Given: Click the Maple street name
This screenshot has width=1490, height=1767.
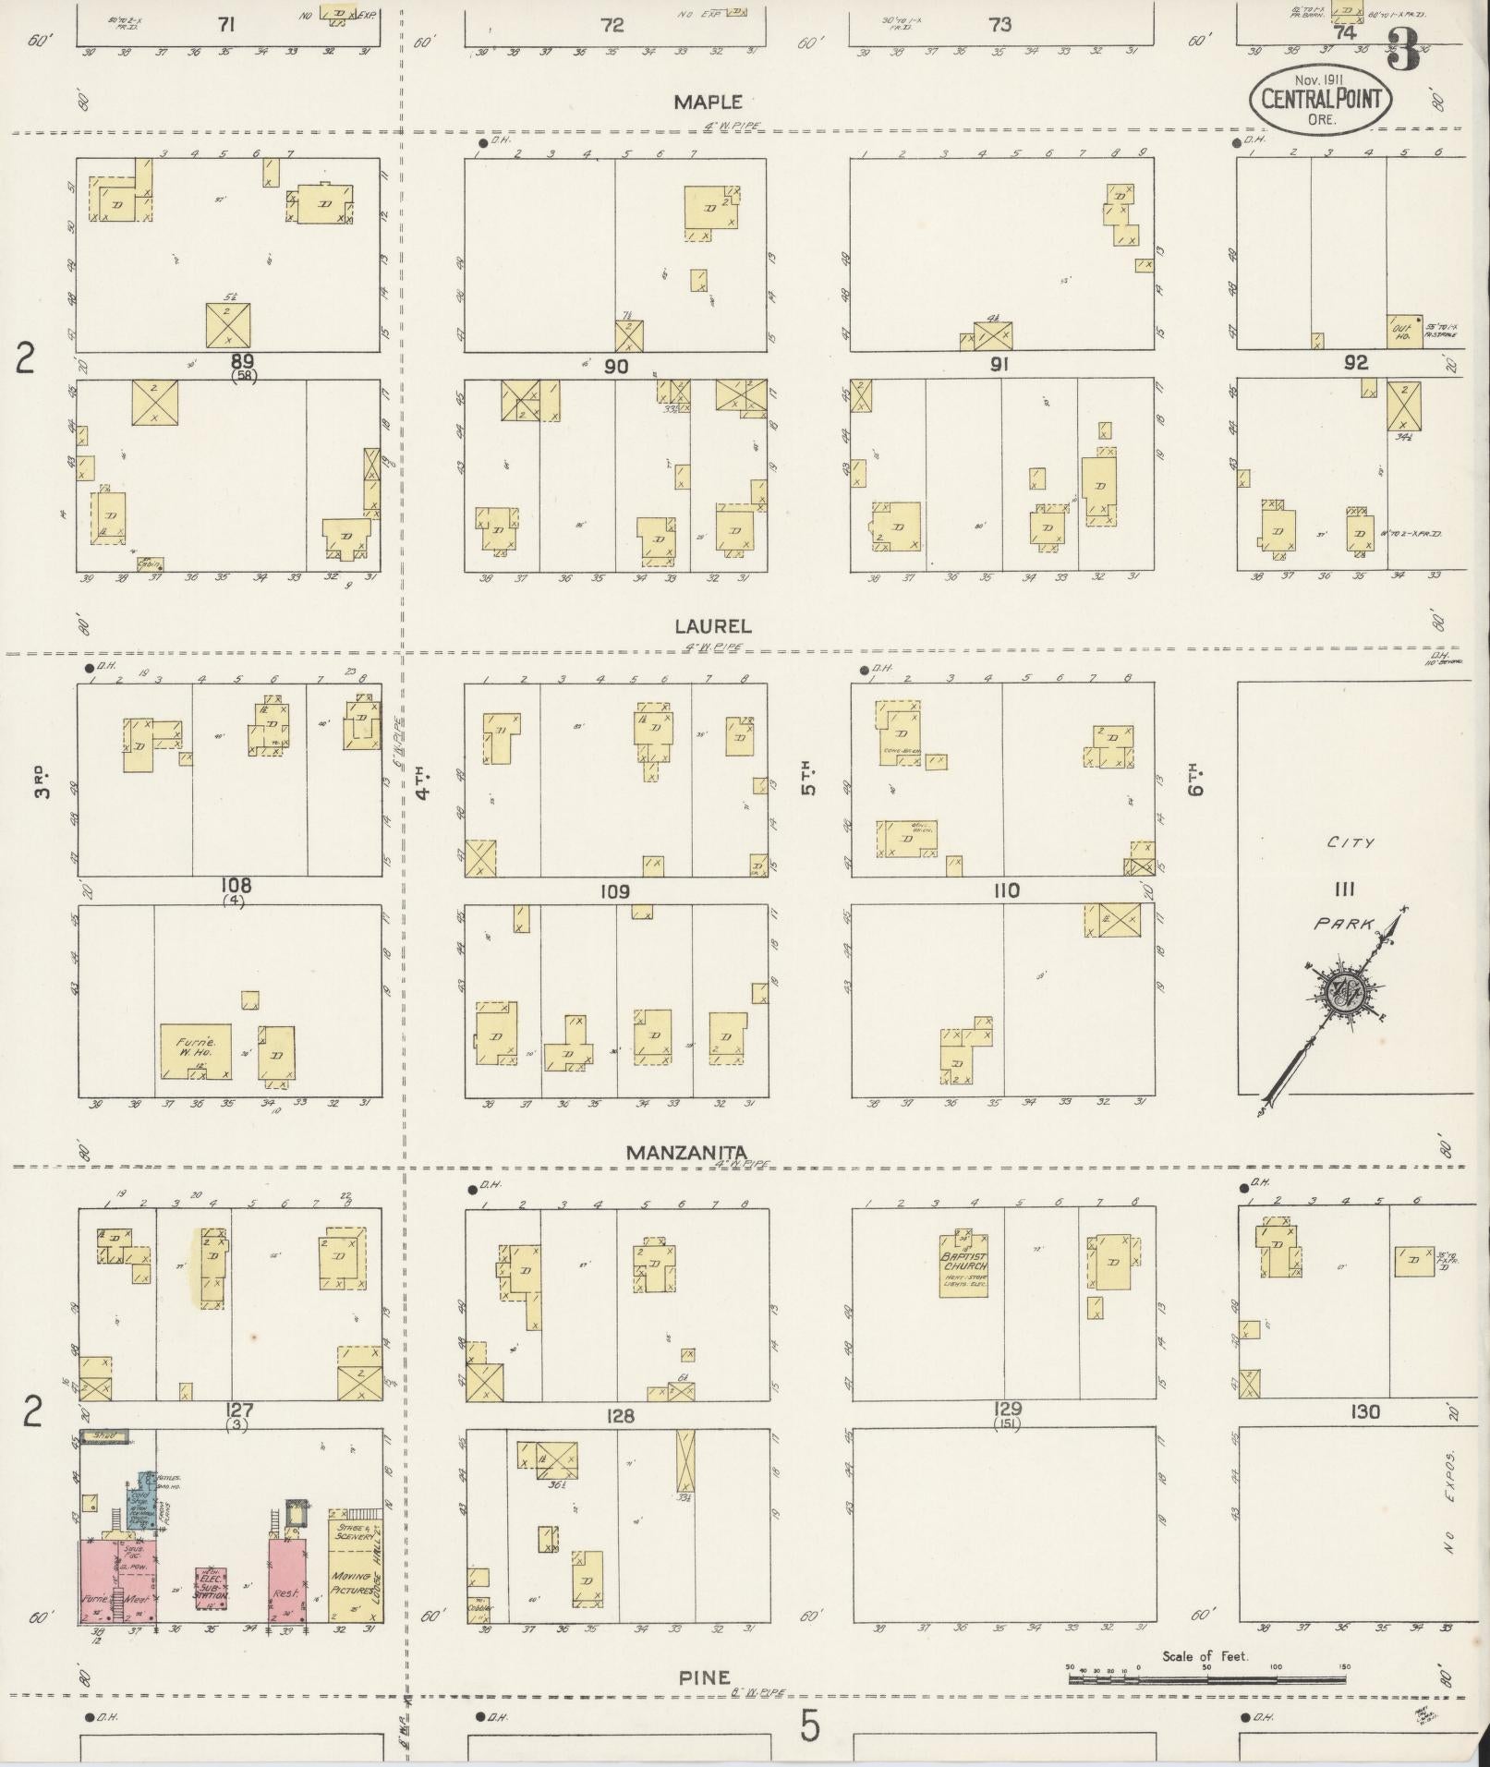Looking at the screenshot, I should coord(709,102).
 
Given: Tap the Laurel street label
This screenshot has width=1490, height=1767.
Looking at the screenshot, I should coord(712,625).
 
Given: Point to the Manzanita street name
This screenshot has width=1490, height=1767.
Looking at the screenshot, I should coord(685,1152).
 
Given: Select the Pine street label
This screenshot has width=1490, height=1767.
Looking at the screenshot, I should coord(704,1676).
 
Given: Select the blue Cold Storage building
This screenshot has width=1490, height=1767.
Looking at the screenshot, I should coord(141,1502).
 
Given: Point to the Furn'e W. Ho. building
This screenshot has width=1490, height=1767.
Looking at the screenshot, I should coord(195,1050).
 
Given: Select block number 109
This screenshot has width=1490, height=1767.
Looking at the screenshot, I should coord(614,891).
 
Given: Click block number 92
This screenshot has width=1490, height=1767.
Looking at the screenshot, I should coord(1355,363).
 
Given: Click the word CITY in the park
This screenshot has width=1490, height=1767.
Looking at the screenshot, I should coord(1351,842).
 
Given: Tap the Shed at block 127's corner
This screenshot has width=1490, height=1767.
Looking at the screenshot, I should coord(103,1436).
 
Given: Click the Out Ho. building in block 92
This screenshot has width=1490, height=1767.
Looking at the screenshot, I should coord(1403,331).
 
